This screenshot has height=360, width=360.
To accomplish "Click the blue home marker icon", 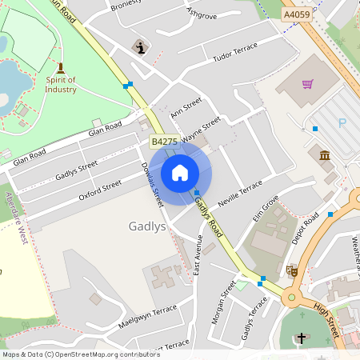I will pyautogui.click(x=180, y=173).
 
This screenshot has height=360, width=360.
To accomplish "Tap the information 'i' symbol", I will pyautogui.click(x=141, y=48).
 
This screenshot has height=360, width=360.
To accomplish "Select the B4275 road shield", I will pyautogui.click(x=164, y=141).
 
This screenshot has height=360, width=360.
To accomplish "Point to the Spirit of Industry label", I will pyautogui.click(x=61, y=84).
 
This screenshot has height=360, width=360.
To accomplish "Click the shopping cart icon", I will pyautogui.click(x=308, y=82).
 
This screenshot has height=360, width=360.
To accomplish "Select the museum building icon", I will pyautogui.click(x=326, y=154).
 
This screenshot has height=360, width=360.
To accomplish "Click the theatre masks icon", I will pyautogui.click(x=292, y=271).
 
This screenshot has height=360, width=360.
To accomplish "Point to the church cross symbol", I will pyautogui.click(x=301, y=339).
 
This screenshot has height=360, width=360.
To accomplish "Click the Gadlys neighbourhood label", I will pyautogui.click(x=147, y=226).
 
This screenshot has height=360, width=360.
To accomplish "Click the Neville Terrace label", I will pyautogui.click(x=240, y=194).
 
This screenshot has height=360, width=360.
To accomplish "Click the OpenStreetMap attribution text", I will pyautogui.click(x=70, y=354).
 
